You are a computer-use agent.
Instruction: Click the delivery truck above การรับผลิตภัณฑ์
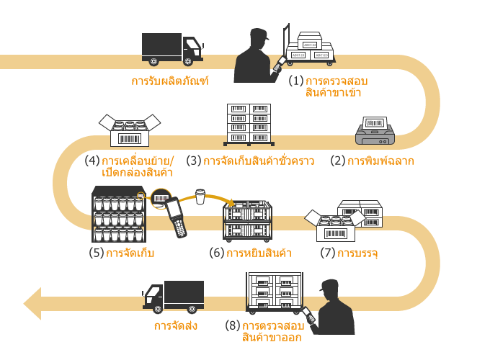(171, 49)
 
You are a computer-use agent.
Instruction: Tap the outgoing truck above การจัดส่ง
(174, 297)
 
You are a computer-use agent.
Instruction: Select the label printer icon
(375, 131)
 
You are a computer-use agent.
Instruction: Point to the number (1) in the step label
(296, 81)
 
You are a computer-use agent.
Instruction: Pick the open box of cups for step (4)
(129, 130)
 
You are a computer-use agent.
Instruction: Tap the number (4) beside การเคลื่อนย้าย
(92, 161)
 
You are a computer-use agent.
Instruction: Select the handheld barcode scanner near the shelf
(175, 217)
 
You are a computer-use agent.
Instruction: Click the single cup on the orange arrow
(201, 197)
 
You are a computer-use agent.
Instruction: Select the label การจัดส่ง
(176, 326)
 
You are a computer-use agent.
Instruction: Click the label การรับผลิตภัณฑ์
(170, 81)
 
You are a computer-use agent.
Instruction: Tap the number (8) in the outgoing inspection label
(231, 326)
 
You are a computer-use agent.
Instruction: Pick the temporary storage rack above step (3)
(249, 124)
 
